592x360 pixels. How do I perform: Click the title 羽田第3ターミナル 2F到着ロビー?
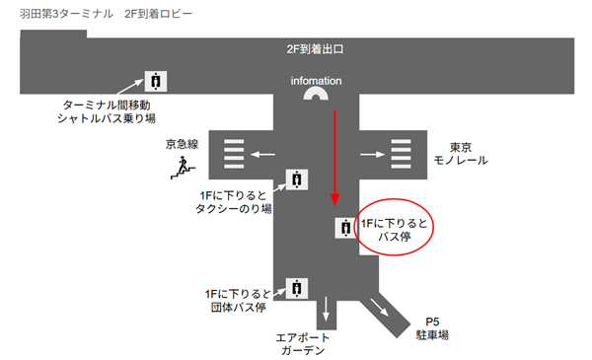[x=106, y=16]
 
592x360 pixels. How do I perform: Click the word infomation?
[x=316, y=80]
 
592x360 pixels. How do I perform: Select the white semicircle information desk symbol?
[x=317, y=95]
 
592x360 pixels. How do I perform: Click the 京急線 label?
[x=182, y=145]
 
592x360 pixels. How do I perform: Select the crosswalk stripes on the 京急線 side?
[x=234, y=154]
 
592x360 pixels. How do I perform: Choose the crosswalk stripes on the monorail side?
[x=401, y=154]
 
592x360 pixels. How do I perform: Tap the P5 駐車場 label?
[x=431, y=328]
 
